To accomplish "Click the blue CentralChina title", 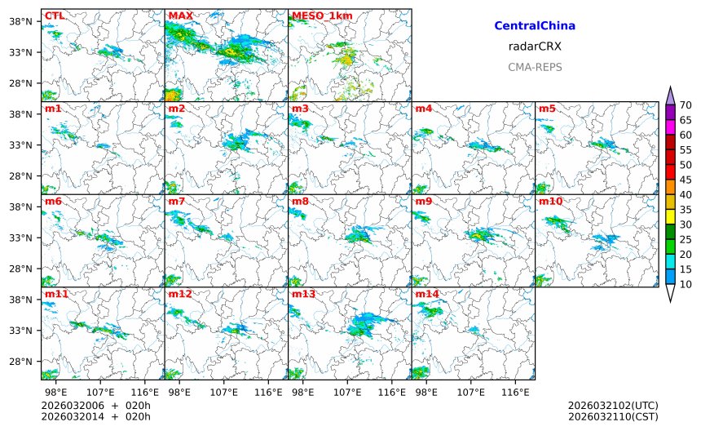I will [535, 26].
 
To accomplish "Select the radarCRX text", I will [535, 47].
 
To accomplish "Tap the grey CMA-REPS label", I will [535, 67].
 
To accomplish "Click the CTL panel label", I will [54, 16].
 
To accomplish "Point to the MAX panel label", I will [181, 16].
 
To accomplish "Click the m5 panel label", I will [546, 109].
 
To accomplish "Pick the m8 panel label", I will [300, 201].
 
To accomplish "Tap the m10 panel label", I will [549, 201].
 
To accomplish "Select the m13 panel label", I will [302, 293].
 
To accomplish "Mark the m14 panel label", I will [426, 293].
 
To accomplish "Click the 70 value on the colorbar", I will [686, 105].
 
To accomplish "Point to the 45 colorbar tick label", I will [686, 180].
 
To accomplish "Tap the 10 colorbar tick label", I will [686, 284].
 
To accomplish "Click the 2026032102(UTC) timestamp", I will [612, 406].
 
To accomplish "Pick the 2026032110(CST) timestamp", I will [612, 417].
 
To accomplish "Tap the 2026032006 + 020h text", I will [96, 406].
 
